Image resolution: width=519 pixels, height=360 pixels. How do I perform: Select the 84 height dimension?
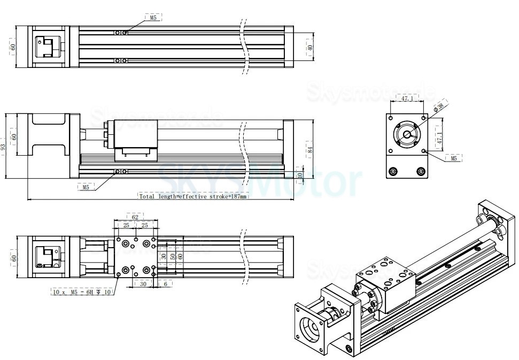pyautogui.click(x=310, y=149)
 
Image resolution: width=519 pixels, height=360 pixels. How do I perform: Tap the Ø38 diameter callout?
pyautogui.click(x=440, y=107)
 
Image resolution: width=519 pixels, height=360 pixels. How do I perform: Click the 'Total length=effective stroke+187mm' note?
pyautogui.click(x=193, y=196)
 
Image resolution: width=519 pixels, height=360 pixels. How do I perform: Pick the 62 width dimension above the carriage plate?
pyautogui.click(x=135, y=217)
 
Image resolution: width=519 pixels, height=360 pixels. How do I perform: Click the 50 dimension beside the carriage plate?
pyautogui.click(x=172, y=256)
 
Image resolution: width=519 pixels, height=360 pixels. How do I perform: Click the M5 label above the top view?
pyautogui.click(x=153, y=18)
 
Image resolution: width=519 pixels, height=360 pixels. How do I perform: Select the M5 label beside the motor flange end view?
pyautogui.click(x=454, y=158)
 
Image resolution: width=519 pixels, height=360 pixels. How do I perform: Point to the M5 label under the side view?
pyautogui.click(x=86, y=187)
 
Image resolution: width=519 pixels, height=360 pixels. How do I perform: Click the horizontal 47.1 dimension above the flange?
pyautogui.click(x=407, y=99)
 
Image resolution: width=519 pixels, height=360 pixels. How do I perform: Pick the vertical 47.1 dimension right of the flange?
pyautogui.click(x=440, y=135)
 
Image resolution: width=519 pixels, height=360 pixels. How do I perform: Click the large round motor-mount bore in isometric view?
pyautogui.click(x=310, y=326)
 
